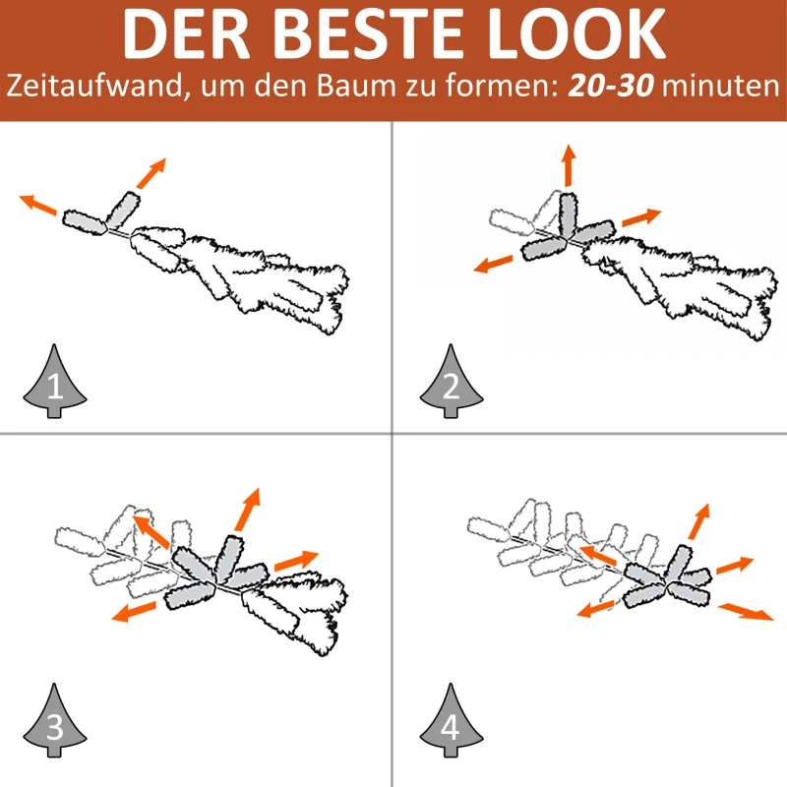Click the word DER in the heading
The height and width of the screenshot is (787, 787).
187,34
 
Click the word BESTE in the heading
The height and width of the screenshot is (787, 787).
368,34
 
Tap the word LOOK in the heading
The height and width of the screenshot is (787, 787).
576,34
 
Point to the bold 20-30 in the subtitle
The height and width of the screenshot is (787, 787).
611,86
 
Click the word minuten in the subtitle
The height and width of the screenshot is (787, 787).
721,86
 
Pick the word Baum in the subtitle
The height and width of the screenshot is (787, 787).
356,86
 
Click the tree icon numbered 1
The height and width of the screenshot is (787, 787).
55,382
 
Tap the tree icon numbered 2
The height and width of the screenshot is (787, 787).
452,382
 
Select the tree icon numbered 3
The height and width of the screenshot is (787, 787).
55,721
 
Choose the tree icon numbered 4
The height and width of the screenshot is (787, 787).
452,721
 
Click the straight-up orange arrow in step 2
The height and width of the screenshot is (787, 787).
569,165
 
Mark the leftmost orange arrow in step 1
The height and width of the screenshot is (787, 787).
38,205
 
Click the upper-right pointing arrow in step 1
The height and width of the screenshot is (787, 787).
151,174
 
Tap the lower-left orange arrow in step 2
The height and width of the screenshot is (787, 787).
494,264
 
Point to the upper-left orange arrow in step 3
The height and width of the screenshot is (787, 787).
151,531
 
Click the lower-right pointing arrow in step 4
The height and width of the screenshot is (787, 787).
746,612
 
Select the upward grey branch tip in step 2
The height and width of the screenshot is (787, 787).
569,215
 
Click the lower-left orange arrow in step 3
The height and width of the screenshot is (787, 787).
134,612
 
